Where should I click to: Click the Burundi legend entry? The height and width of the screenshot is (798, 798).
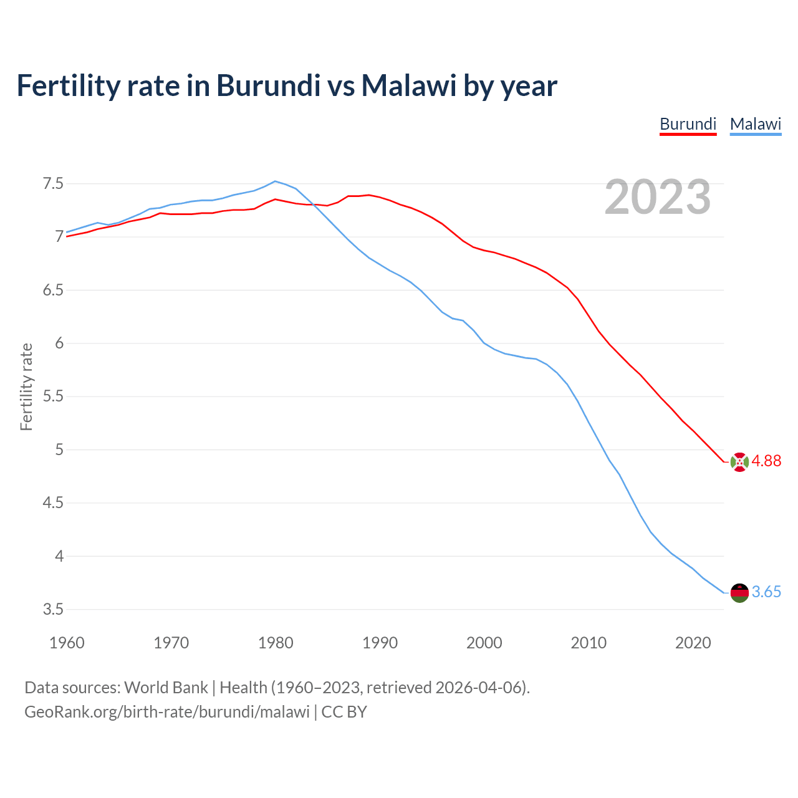point(688,124)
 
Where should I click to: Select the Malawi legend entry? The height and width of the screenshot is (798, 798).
point(755,124)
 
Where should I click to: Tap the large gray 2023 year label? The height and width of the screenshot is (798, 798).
point(657,197)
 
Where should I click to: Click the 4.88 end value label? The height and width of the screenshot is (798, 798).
point(766,461)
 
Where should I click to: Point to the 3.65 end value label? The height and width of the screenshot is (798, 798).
point(766,592)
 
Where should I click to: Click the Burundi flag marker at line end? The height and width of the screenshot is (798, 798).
point(739,462)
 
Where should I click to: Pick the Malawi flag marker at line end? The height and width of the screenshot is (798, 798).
point(739,593)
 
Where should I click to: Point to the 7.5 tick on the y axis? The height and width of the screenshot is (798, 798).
point(53,184)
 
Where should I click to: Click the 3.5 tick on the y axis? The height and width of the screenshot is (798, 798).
point(53,609)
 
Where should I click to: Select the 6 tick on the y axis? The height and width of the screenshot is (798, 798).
point(59,344)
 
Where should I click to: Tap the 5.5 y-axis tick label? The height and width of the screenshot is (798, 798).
point(53,397)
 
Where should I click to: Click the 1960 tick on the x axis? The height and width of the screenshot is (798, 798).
point(67,643)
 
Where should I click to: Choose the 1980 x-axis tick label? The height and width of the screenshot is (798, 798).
point(276,643)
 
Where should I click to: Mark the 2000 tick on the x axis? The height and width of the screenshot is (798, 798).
point(484,643)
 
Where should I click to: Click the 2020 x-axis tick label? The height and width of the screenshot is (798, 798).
point(693,643)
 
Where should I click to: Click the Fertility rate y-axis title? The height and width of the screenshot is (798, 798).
point(26,387)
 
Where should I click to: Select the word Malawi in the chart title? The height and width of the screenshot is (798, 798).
point(409,85)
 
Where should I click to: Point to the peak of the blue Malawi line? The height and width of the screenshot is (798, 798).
point(276,181)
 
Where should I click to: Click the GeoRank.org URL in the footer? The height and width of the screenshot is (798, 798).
point(167,712)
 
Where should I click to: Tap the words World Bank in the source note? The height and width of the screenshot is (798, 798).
point(166,688)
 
